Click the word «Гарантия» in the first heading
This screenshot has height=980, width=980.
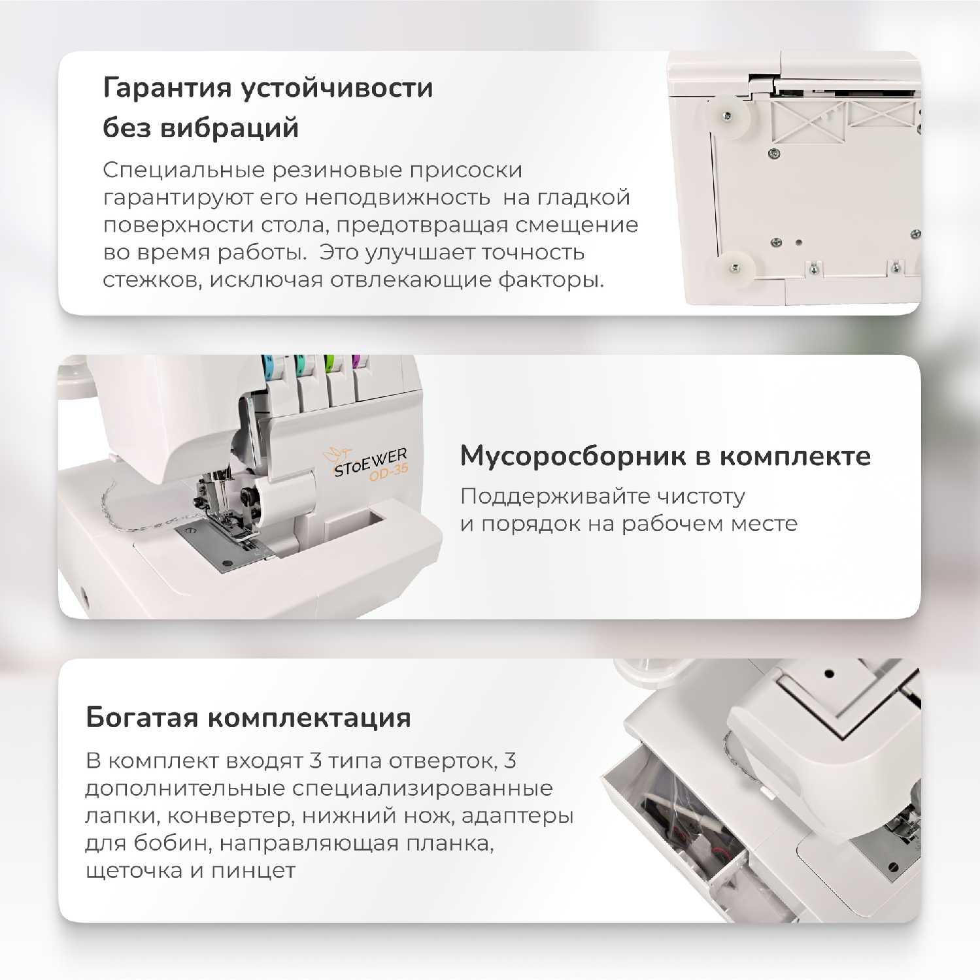(167, 88)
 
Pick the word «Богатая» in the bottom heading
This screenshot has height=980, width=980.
(142, 717)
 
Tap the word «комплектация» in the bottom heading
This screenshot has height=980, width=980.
(309, 718)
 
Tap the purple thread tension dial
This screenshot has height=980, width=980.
(358, 361)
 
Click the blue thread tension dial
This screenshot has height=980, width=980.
(267, 363)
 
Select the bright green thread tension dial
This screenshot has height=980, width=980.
(329, 362)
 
